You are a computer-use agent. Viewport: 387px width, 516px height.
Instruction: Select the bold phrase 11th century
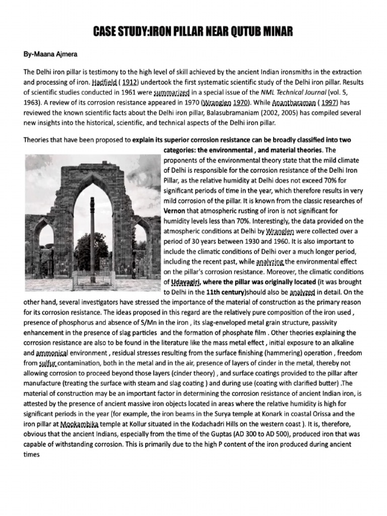tap(226, 292)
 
